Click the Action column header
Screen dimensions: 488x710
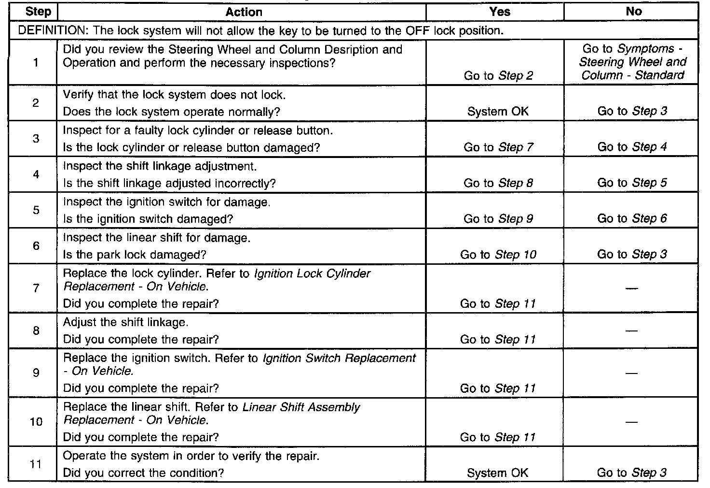coord(244,12)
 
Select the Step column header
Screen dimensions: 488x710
coord(38,12)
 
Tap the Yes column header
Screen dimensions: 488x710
coord(500,12)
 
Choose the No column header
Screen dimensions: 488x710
coord(634,12)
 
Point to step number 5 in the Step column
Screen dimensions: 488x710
coord(36,210)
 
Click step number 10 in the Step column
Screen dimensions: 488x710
coord(36,422)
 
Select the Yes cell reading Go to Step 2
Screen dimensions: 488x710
coord(498,75)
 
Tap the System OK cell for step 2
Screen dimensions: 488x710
coord(498,112)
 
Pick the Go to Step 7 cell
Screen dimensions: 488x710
coord(498,147)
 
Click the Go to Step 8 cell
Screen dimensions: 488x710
coord(498,183)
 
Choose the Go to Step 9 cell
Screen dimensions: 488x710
coord(498,219)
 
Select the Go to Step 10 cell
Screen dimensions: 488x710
coord(498,255)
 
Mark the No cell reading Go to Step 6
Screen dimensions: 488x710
coord(632,218)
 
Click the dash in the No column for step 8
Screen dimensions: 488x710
coord(631,331)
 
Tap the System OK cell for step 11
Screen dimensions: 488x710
coord(498,473)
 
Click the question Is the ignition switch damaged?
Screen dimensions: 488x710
coord(148,219)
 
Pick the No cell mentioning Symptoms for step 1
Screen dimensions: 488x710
coord(632,62)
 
